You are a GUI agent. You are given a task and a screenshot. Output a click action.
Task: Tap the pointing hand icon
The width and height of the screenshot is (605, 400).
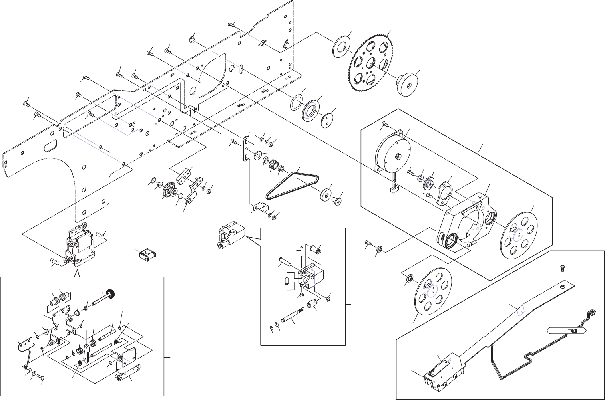[567, 331]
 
